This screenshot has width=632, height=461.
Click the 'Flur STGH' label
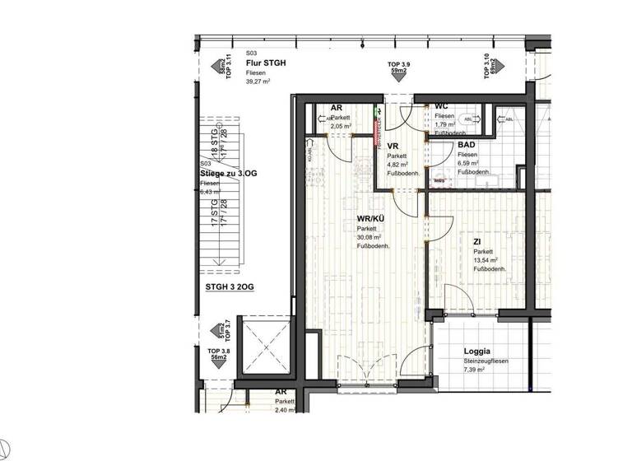point(266,62)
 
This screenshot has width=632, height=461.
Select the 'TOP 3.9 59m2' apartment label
point(399,68)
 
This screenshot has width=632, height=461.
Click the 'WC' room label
point(440,107)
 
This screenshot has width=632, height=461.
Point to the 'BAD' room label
point(467,145)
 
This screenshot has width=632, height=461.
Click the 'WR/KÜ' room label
point(370,218)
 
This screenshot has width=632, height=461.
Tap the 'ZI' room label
point(477,242)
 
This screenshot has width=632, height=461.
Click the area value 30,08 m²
point(369,237)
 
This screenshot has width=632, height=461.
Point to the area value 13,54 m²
point(486,261)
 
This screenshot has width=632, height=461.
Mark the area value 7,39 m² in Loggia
point(476,370)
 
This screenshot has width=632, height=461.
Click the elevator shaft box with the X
point(264,348)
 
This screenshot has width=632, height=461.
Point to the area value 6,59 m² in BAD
point(469,164)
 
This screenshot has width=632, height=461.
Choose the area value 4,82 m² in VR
point(397,164)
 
